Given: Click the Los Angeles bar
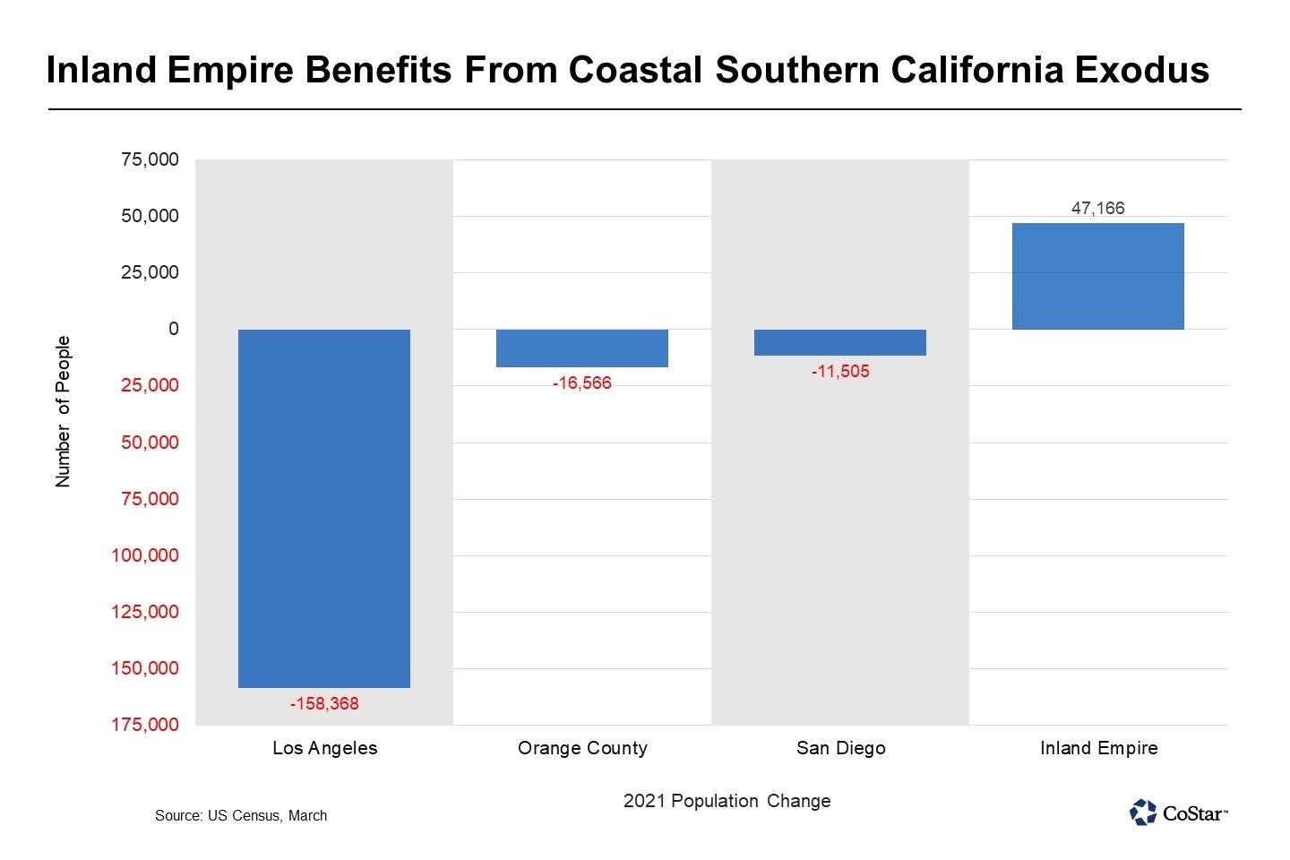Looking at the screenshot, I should pos(323,508).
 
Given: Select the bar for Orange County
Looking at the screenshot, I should pos(582,348).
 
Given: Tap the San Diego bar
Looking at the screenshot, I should pos(840,342).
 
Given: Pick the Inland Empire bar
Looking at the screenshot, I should pos(1098,276).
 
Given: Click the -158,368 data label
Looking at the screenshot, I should pos(323,704).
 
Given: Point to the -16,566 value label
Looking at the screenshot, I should pos(582,383).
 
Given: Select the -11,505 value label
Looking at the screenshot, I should pos(840,372).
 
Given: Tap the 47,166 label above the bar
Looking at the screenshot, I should pos(1098,209).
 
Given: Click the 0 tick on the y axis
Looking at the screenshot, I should pos(174,329).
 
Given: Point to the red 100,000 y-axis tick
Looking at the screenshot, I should pos(145,555).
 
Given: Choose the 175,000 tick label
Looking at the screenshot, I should pos(145,725).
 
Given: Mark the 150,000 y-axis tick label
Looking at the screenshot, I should pos(145,668).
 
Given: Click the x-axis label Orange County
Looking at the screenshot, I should pos(582,749).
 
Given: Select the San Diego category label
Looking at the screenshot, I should pos(840,749).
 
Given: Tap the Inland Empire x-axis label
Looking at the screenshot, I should pos(1098,749).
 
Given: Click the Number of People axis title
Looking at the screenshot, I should pos(63,412).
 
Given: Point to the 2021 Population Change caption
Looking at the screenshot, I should pos(727,802).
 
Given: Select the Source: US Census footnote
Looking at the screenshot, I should pos(241,816).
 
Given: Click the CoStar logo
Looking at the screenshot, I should pos(1179,813).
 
